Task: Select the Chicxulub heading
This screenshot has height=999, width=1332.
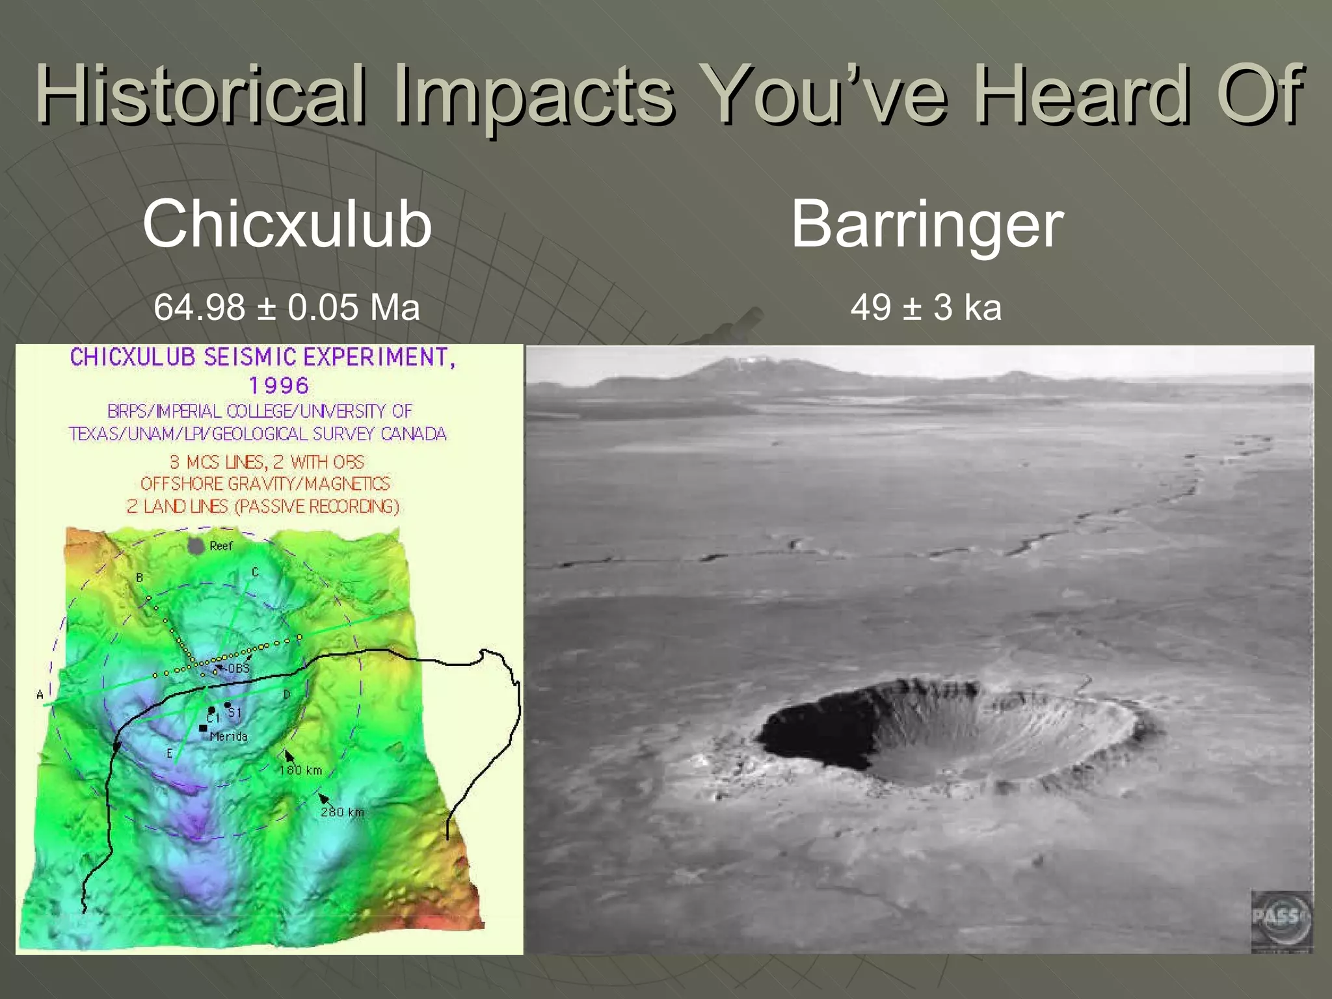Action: (x=287, y=224)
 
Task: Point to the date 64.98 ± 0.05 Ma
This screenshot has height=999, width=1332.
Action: (x=287, y=307)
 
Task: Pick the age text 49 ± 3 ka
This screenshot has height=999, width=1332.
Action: (x=926, y=307)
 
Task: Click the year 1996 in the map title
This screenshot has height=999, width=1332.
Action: (x=279, y=386)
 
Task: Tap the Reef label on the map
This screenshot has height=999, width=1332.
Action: (x=221, y=546)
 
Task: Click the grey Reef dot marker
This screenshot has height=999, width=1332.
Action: (x=196, y=546)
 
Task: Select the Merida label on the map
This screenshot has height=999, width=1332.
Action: (x=229, y=736)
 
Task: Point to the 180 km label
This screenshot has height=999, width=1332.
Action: (x=300, y=771)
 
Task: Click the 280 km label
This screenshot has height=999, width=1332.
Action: (x=342, y=812)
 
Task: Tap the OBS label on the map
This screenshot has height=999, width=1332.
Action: (x=238, y=669)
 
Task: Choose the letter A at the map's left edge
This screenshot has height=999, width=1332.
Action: (x=40, y=695)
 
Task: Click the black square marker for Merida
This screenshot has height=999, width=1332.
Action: (x=203, y=728)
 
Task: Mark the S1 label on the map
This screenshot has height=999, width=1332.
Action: (x=235, y=713)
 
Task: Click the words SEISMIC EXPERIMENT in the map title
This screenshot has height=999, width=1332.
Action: (x=328, y=358)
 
